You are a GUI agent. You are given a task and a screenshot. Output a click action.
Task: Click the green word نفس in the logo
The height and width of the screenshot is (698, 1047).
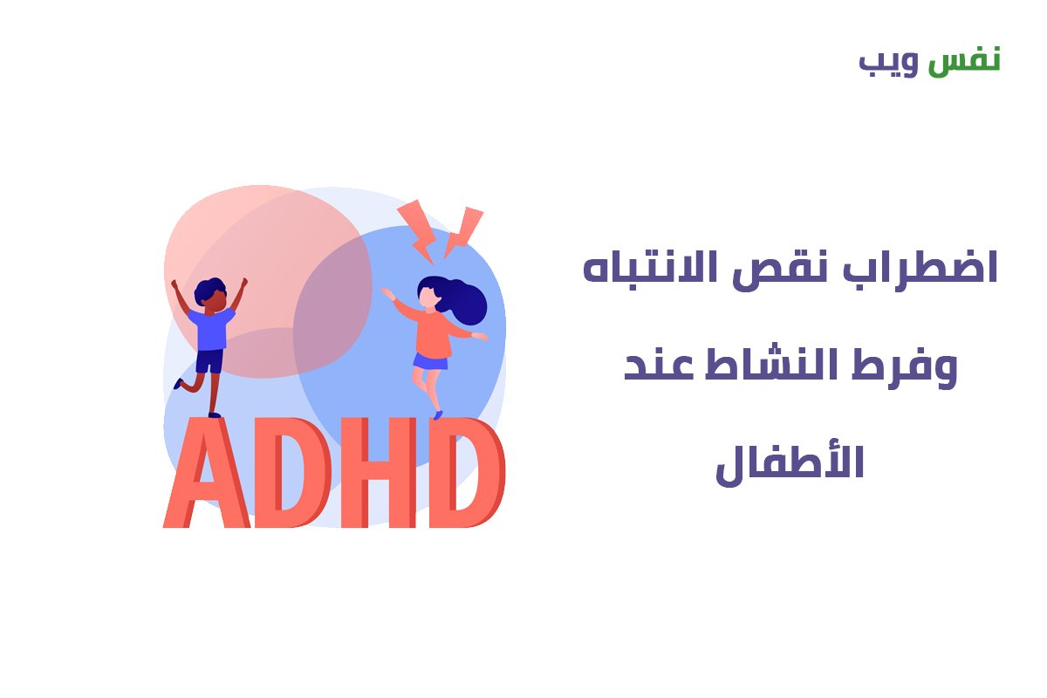click(x=964, y=61)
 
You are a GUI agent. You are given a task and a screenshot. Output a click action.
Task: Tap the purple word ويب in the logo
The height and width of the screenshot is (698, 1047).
click(x=888, y=63)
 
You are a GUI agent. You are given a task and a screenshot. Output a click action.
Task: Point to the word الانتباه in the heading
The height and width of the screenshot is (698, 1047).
click(x=649, y=266)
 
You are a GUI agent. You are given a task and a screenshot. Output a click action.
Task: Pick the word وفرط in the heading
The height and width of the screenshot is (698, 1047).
click(x=905, y=368)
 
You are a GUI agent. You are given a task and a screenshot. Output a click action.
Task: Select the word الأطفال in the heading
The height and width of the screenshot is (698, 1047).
click(x=790, y=462)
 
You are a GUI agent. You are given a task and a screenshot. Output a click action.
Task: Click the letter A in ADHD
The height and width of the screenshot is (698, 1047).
click(x=207, y=473)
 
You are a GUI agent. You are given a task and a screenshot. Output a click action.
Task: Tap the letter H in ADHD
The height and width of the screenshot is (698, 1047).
click(x=378, y=473)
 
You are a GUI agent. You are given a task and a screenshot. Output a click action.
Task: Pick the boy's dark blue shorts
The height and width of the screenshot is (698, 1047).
click(x=209, y=361)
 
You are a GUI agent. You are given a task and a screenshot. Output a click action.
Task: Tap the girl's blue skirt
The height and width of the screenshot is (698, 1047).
click(x=430, y=361)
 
